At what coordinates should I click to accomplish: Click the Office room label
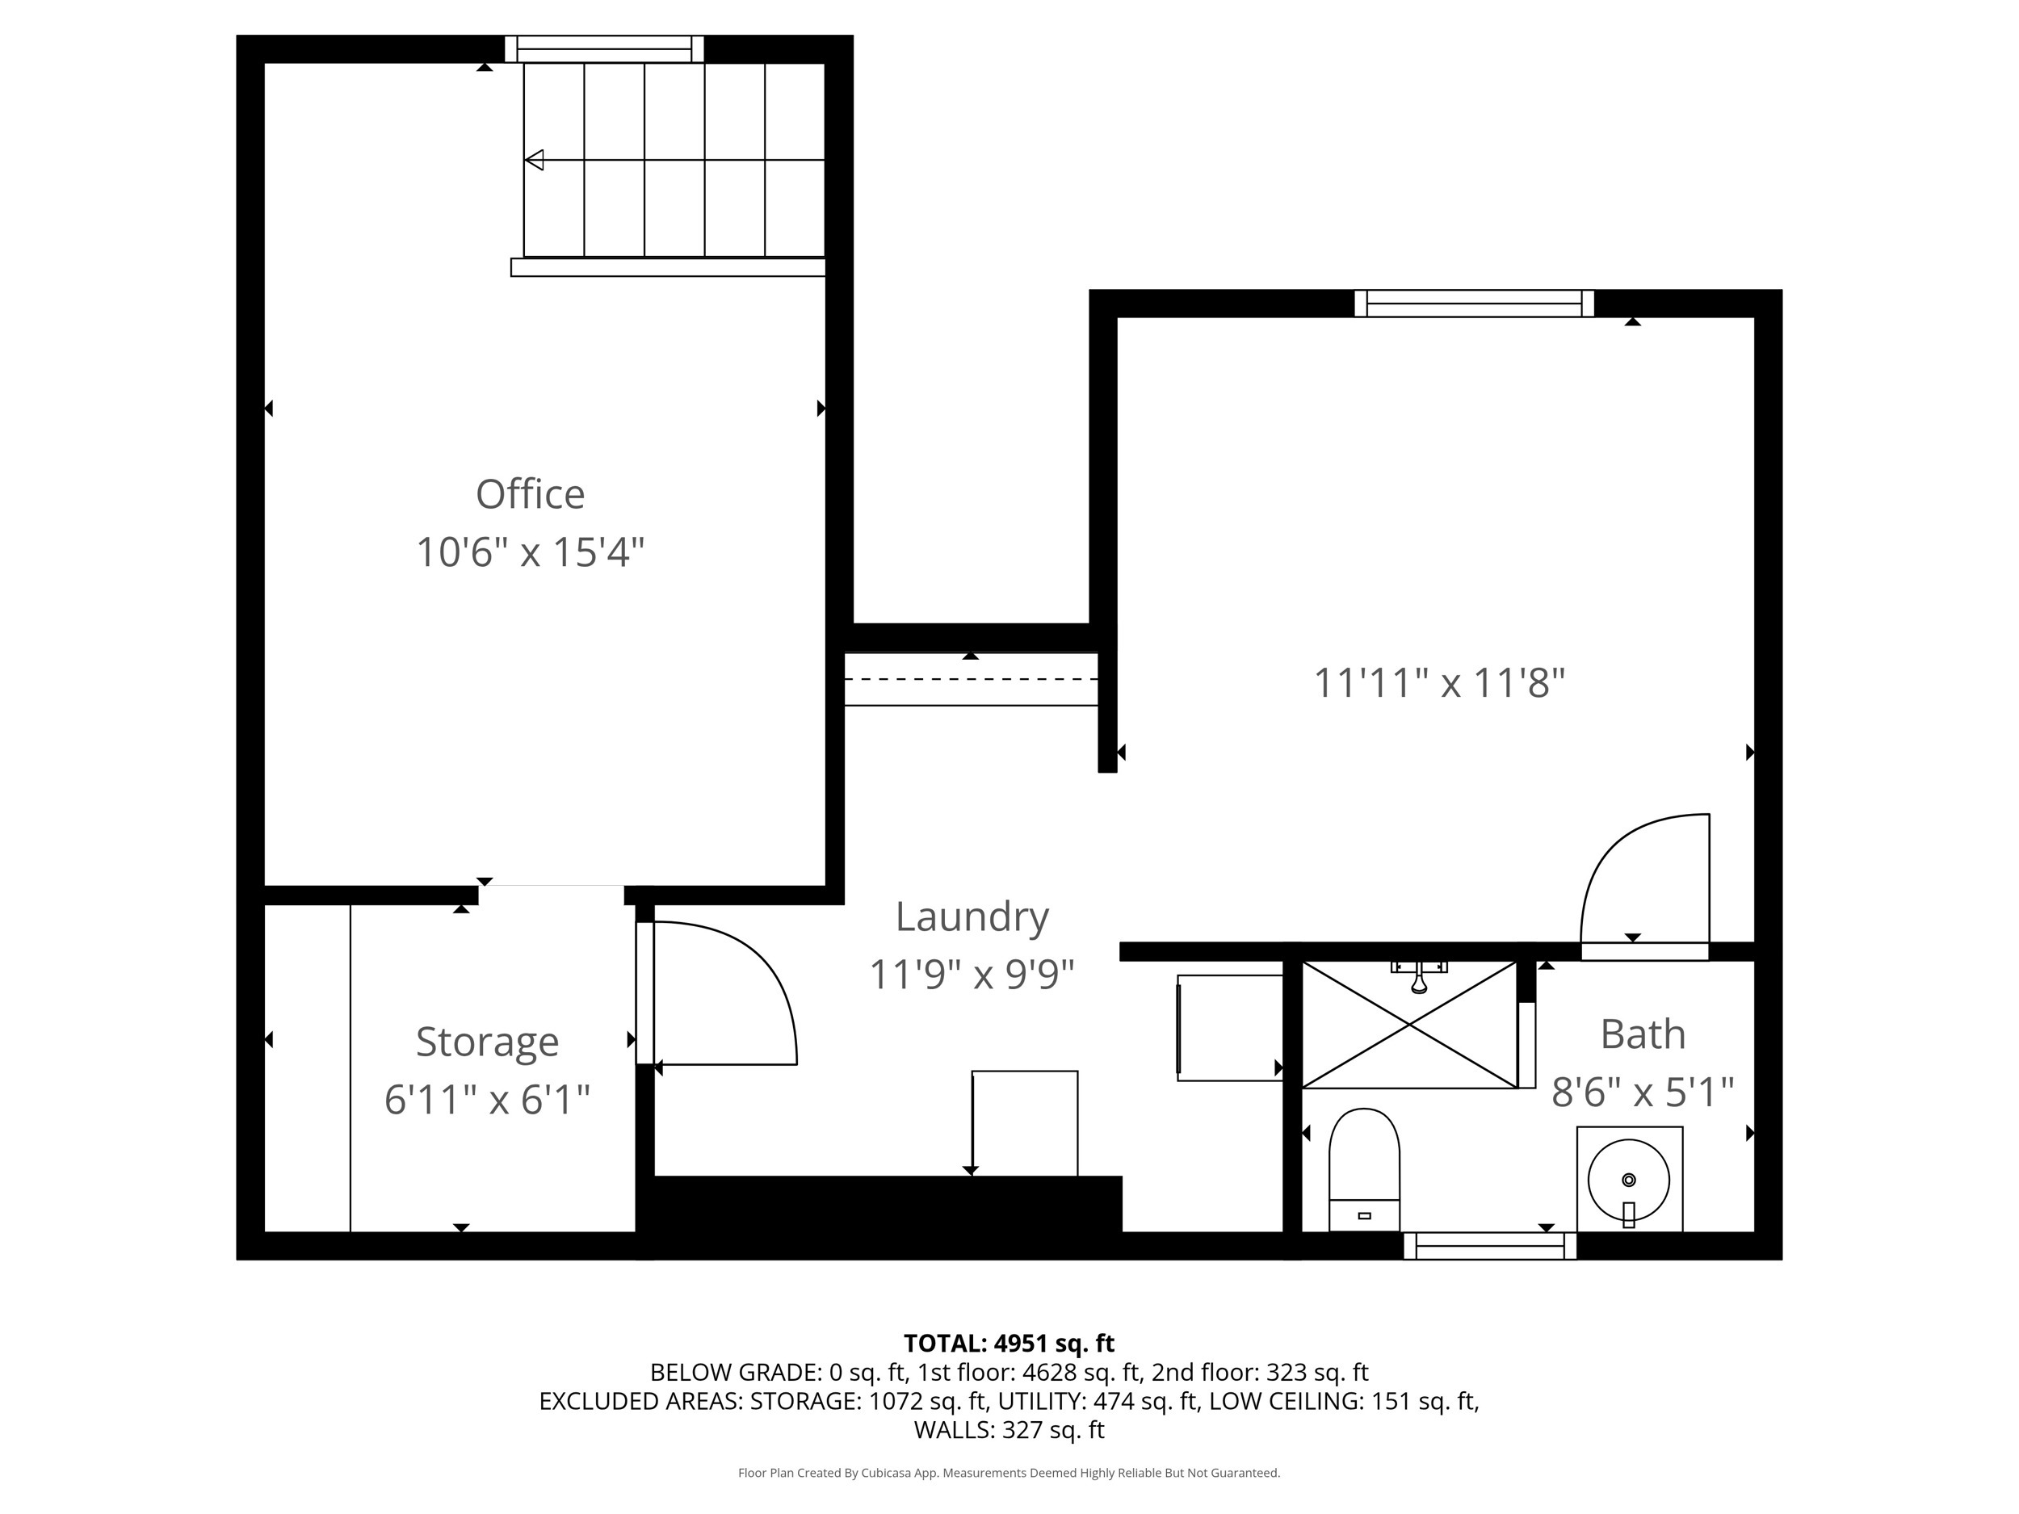pos(530,495)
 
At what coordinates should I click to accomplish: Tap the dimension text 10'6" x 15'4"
pos(530,552)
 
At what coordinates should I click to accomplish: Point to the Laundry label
pos(972,916)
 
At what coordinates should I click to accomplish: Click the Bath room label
pos(1642,1034)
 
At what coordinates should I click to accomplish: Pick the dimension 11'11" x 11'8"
pos(1438,682)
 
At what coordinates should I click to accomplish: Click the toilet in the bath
pos(1364,1169)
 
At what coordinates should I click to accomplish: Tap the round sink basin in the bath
pos(1628,1180)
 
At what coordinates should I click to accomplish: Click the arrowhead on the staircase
pos(535,160)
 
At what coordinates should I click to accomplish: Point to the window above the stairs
pos(604,48)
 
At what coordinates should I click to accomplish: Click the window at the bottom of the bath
pos(1489,1246)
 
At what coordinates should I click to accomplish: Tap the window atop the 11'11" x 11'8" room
pos(1473,303)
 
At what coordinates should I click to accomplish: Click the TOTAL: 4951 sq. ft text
pos(1009,1344)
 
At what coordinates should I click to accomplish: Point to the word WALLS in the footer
pos(954,1430)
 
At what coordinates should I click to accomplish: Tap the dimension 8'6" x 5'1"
pos(1642,1093)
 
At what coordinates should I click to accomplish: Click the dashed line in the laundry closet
pos(970,679)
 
